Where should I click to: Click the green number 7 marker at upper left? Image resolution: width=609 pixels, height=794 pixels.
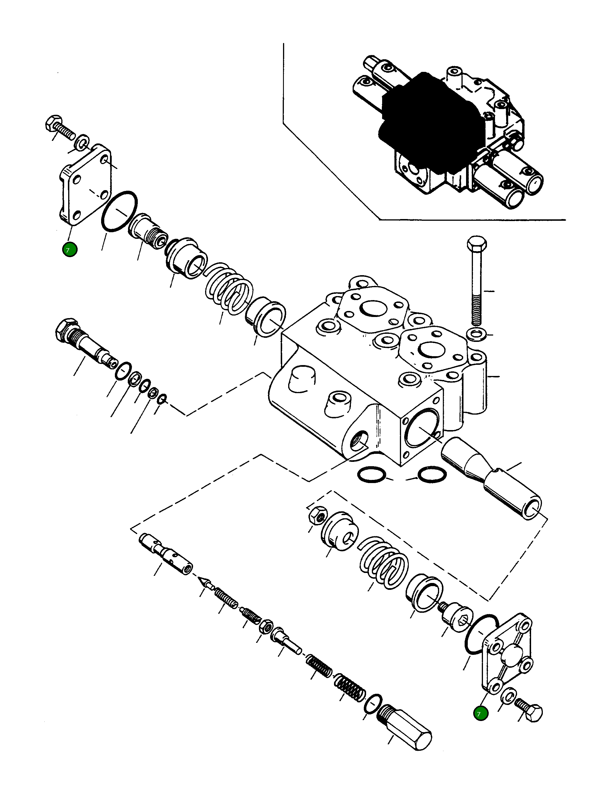[70, 249]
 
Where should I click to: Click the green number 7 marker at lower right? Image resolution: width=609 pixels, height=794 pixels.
[481, 714]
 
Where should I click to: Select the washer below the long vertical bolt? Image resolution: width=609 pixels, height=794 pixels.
[475, 334]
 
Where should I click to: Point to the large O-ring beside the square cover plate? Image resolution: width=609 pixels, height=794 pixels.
[119, 210]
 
